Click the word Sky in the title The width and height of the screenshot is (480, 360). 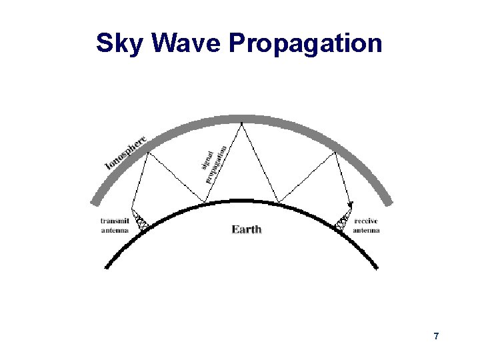tap(121, 44)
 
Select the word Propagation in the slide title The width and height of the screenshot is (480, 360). tap(305, 44)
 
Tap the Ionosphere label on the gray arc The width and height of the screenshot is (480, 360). tap(126, 153)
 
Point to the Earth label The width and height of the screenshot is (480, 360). tap(247, 229)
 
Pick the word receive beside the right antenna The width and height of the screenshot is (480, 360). tap(367, 221)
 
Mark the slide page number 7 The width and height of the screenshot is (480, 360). tap(436, 336)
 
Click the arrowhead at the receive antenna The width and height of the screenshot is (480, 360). tap(349, 203)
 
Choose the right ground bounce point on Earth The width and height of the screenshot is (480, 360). tap(277, 202)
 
